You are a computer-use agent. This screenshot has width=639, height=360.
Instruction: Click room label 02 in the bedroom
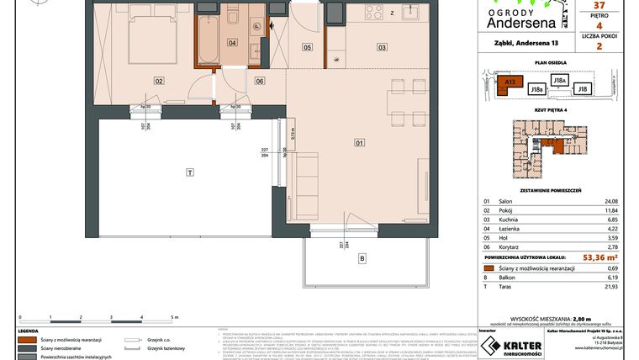coord(157,81)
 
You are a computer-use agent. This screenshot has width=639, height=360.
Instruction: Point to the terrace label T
coord(191,172)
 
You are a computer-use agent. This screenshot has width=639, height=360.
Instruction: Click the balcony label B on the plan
coord(362,257)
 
